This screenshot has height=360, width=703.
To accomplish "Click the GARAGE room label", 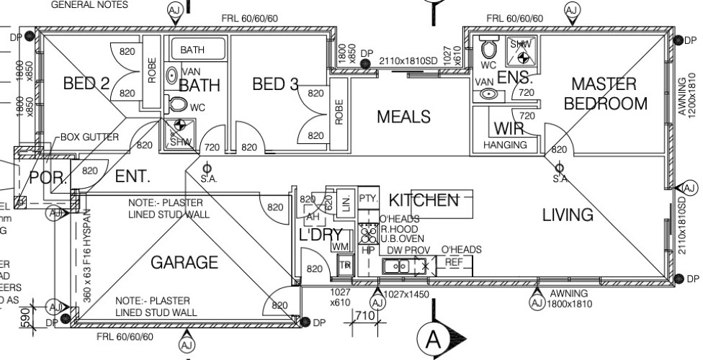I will point(184,263).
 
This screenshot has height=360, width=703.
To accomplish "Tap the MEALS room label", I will point(403,117).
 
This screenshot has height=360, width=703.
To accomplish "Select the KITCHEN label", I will point(424,200).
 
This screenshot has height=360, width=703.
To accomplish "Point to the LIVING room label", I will point(568,215).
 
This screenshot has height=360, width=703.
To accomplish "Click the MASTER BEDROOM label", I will point(605,94).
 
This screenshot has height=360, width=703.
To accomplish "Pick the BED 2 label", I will point(86,84).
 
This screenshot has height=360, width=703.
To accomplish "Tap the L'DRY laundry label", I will point(321,235).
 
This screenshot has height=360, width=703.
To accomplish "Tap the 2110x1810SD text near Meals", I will point(408,60).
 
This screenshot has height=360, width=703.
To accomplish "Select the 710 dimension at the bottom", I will point(364,316).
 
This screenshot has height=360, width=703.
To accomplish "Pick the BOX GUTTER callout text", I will point(89,137).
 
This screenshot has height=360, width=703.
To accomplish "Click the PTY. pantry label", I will point(368,198).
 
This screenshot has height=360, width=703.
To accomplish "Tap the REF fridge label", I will point(454,263).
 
